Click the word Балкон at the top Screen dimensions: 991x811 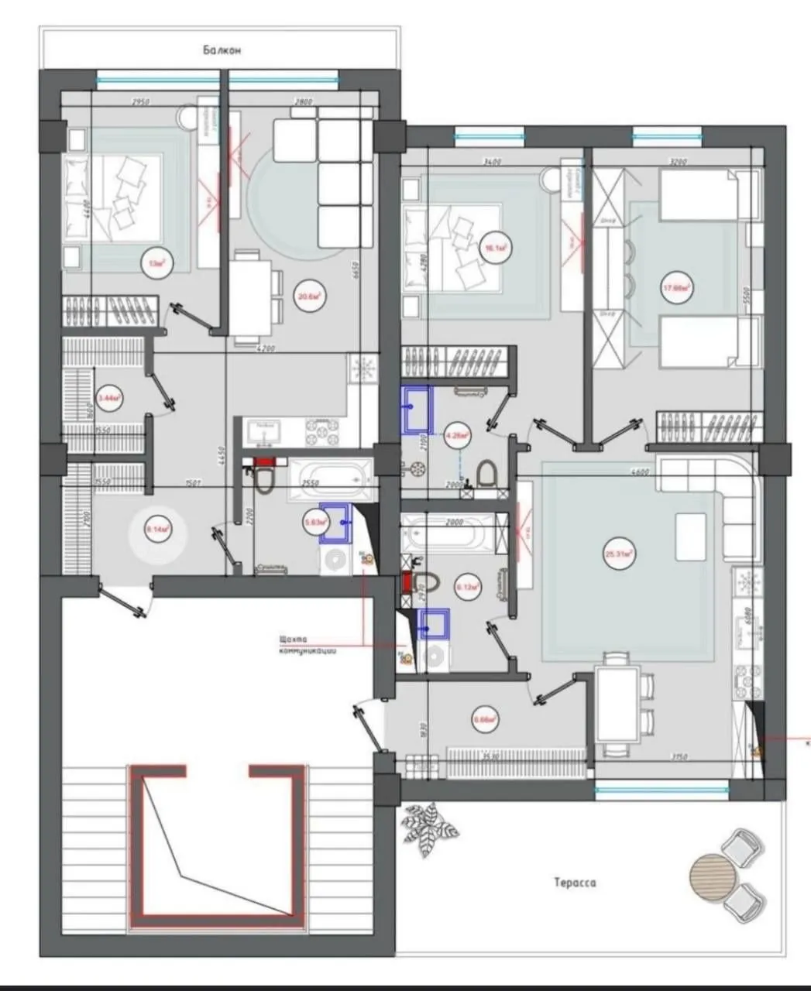tap(223, 50)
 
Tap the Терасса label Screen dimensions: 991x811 tap(575, 882)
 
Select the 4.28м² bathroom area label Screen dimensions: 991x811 tap(458, 435)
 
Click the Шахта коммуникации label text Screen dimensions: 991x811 tap(307, 645)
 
